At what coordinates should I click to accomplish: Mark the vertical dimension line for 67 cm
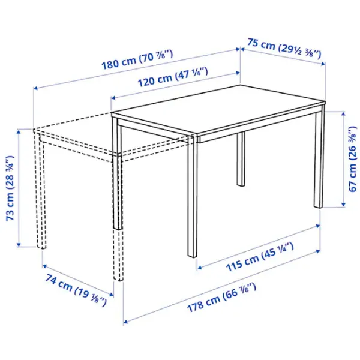(343, 158)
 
